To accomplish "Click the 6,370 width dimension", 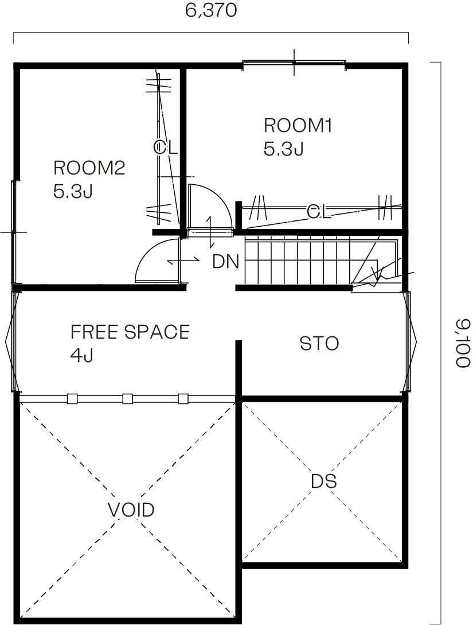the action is [x=211, y=11].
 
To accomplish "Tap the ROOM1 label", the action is [x=298, y=126].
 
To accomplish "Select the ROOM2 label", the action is [x=89, y=168].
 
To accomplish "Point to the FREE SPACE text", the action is [x=130, y=332].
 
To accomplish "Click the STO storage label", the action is [x=319, y=344].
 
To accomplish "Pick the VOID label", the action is [x=131, y=510].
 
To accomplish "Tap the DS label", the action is [x=324, y=481].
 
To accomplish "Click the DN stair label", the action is [x=226, y=262].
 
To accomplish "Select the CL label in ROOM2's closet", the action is [x=165, y=148].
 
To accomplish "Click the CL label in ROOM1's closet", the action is [x=319, y=212].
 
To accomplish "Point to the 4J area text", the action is [x=81, y=355].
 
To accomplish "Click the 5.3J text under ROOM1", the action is [x=283, y=149].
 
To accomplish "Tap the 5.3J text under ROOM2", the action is [x=73, y=192].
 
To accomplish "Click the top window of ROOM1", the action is [x=294, y=62].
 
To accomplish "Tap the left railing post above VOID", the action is [x=72, y=399].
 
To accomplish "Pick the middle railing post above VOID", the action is [x=127, y=399].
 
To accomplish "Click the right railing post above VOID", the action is [x=183, y=399].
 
